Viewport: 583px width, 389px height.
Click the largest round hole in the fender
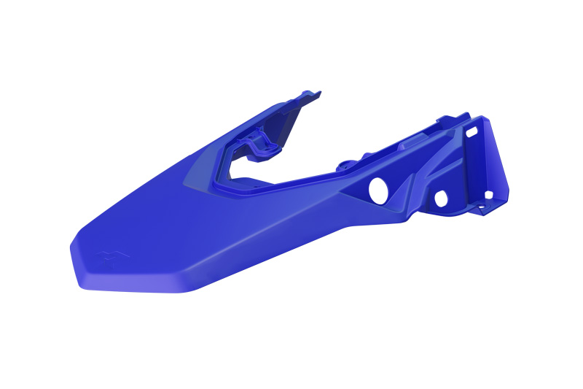point(378,190)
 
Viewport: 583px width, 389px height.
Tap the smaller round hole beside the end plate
point(440,198)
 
